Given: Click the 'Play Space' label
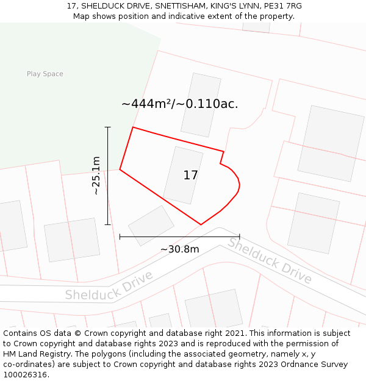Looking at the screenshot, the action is (x=45, y=74).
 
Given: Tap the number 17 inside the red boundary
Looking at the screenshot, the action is (x=190, y=176).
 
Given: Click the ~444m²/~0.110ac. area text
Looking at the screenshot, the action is (x=179, y=104).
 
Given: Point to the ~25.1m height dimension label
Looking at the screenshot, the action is (x=96, y=176).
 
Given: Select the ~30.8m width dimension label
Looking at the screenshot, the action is (x=179, y=249).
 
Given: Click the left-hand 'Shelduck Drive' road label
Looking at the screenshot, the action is (x=109, y=286).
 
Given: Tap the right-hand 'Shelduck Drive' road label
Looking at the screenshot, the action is (x=270, y=261).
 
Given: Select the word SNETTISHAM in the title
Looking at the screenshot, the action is (x=182, y=6).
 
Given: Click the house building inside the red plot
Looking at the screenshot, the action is (x=182, y=175).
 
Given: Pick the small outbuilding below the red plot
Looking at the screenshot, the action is (x=151, y=225).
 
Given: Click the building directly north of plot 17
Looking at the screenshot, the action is (x=201, y=105).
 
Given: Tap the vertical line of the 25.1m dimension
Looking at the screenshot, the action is (x=108, y=176).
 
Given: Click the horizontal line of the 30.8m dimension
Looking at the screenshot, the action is (x=179, y=236).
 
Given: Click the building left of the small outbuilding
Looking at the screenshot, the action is (x=72, y=240).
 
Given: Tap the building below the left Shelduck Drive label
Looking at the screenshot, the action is (x=213, y=309).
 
